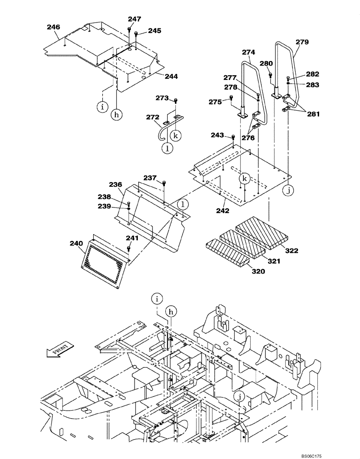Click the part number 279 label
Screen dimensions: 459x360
click(x=302, y=42)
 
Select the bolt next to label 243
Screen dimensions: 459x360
click(x=233, y=137)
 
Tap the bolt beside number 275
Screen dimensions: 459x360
click(x=231, y=97)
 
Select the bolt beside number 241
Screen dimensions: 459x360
click(x=129, y=248)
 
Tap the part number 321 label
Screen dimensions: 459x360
click(x=274, y=261)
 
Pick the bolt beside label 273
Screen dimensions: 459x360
click(x=175, y=101)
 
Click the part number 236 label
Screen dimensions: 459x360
click(x=115, y=185)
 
